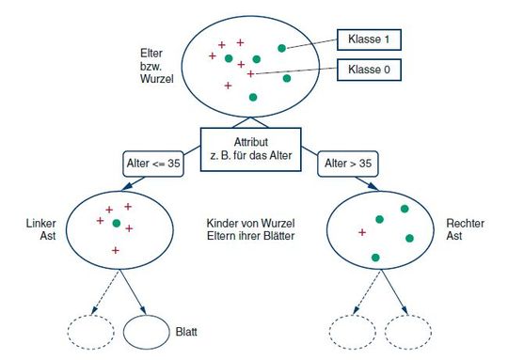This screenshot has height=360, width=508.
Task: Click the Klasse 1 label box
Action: [x=368, y=40]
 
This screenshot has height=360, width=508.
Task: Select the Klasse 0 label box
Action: [x=368, y=70]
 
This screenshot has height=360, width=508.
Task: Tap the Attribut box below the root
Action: [x=251, y=149]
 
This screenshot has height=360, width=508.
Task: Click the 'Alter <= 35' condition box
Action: [x=153, y=163]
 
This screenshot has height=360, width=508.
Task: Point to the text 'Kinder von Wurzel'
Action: [x=251, y=223]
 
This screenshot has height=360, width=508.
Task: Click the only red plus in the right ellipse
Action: [x=362, y=230]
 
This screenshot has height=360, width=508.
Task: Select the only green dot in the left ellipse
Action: [x=117, y=224]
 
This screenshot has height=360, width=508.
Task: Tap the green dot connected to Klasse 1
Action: [x=281, y=47]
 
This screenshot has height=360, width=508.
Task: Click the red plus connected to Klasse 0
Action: [x=250, y=73]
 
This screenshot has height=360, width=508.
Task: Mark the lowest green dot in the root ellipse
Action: [x=253, y=97]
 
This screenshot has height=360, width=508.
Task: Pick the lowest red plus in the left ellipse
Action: [x=115, y=250]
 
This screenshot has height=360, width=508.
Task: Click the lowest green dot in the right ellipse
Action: [x=375, y=257]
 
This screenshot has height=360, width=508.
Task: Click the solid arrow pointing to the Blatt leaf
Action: [x=135, y=293]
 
